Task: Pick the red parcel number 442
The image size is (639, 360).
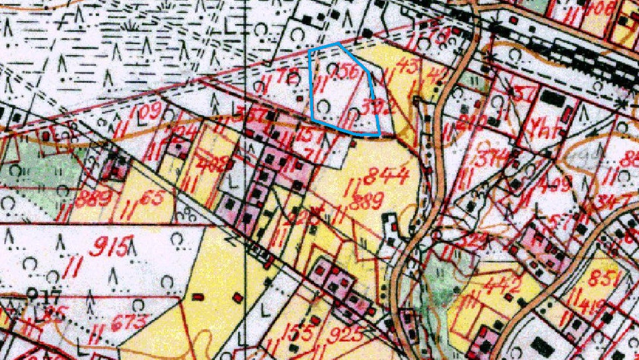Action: pyautogui.click(x=502, y=286)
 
